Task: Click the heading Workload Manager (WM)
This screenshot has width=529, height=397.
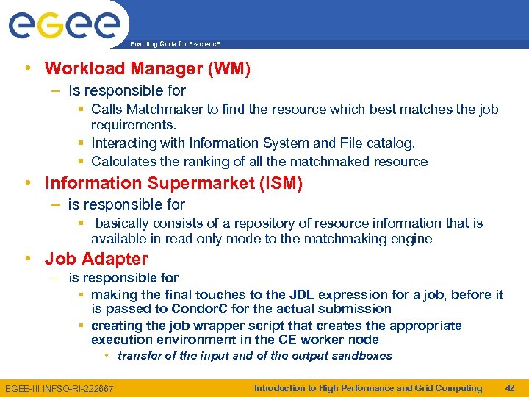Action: point(148,69)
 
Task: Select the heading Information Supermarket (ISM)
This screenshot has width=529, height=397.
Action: point(173,183)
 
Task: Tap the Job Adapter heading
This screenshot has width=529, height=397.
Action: point(96,259)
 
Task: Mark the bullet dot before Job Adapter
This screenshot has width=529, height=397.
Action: point(27,259)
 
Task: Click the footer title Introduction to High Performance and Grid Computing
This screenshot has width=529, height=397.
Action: point(368,388)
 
